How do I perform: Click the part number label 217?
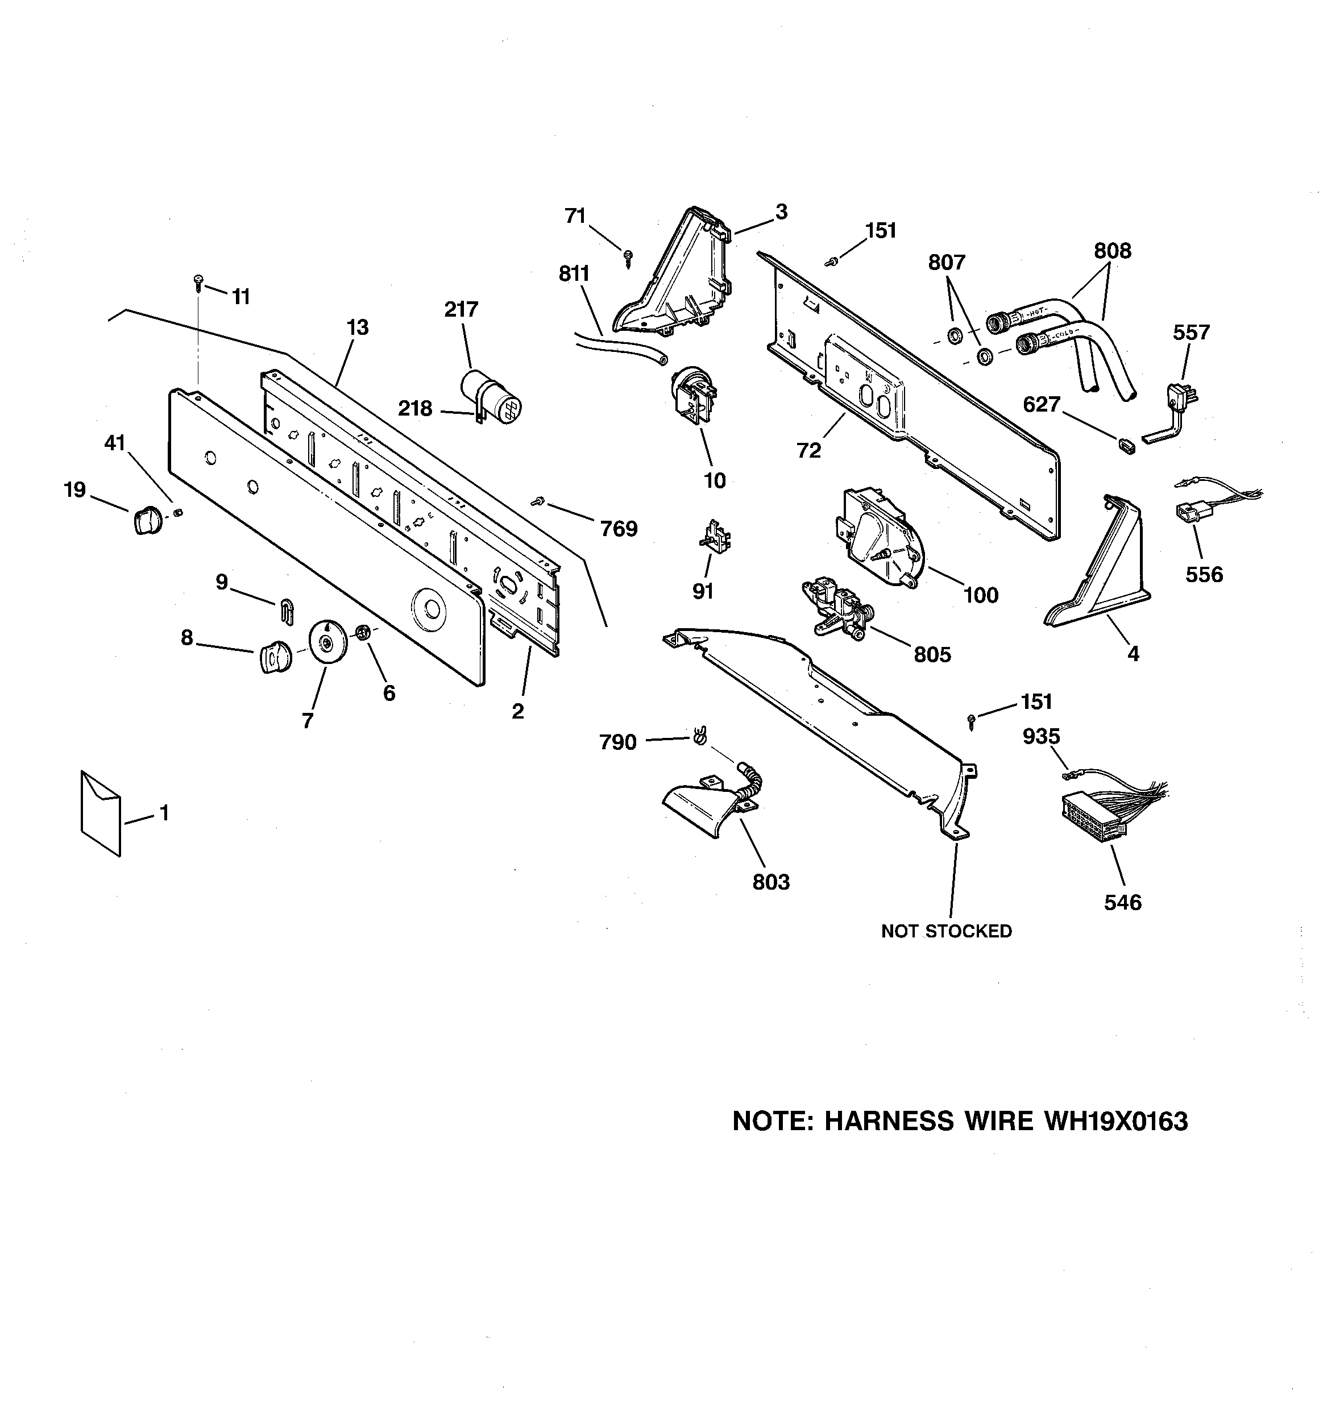pos(461,309)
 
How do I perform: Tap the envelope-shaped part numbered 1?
pos(101,813)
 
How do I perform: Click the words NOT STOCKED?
pos(946,931)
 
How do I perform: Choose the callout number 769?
pos(619,529)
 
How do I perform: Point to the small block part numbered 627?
pos(1125,445)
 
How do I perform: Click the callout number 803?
pos(771,882)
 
